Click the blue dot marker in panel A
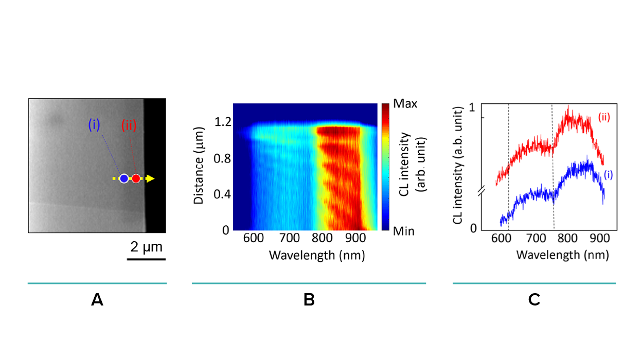(123, 178)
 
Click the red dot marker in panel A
(136, 178)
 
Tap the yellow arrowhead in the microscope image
(150, 178)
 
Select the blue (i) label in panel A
(94, 125)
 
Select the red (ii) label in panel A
(129, 125)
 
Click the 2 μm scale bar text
(146, 247)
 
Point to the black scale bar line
(146, 259)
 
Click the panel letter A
(97, 300)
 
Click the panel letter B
(309, 300)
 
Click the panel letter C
(534, 300)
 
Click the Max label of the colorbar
(405, 104)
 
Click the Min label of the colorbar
(404, 231)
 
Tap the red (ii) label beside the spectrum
(604, 117)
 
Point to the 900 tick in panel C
(599, 240)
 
